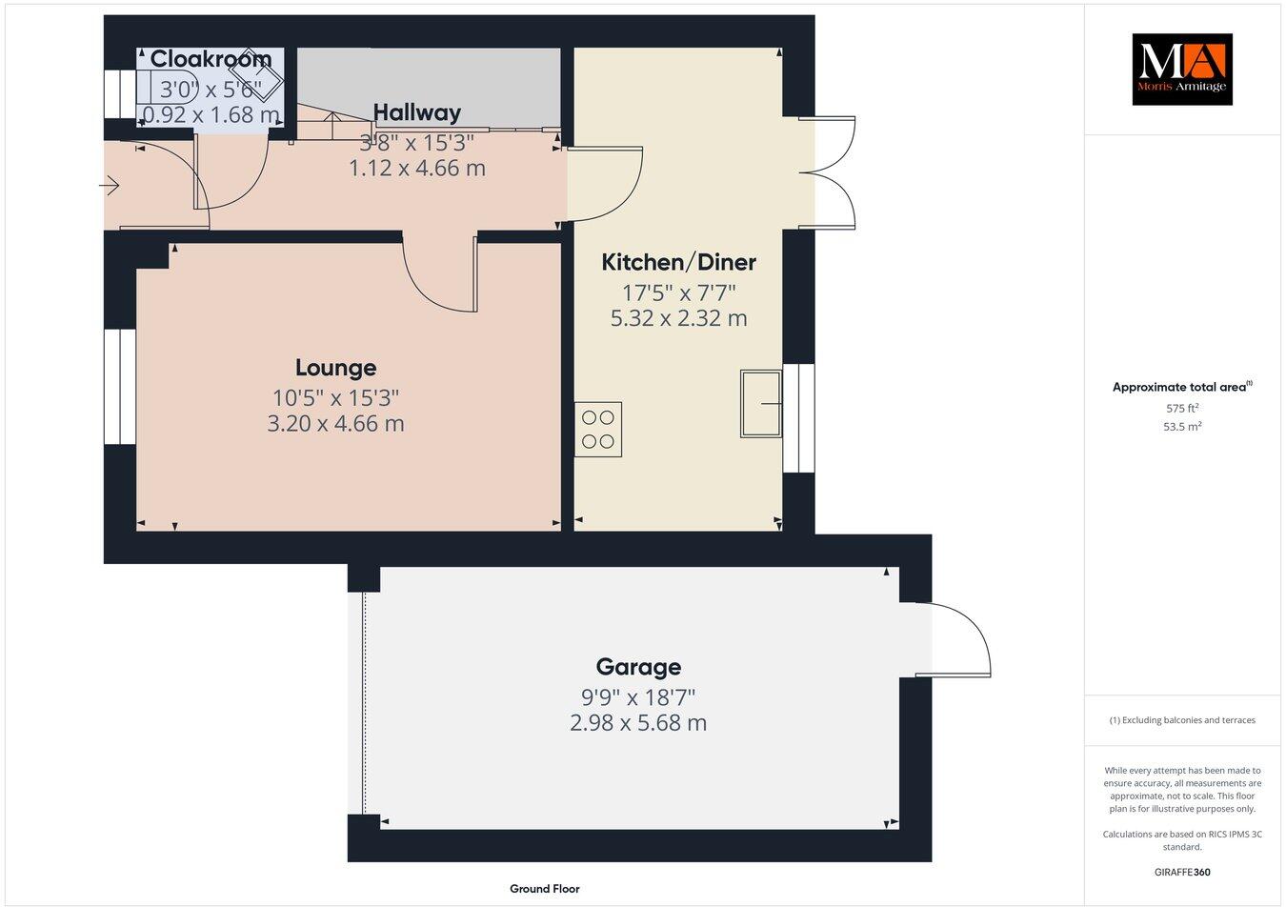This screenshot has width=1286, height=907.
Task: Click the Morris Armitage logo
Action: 1181,70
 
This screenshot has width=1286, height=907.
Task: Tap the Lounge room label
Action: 335,368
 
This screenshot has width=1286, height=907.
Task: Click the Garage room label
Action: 638,667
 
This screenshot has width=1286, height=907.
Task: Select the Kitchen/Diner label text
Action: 678,262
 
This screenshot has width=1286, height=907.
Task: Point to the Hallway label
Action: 416,112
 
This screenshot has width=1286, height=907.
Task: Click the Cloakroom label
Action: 211,59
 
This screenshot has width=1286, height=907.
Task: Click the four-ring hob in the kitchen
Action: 598,430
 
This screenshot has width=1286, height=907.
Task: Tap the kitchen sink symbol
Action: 761,404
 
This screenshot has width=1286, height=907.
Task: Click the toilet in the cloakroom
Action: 166,85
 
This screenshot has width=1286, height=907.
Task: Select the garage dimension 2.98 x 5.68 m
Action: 638,723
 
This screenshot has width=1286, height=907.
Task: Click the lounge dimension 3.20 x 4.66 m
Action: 335,423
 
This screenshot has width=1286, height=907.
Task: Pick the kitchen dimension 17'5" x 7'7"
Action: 678,292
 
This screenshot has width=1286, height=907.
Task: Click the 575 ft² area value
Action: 1182,408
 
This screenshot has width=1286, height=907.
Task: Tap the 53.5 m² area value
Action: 1182,427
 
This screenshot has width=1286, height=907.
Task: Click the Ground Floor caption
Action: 544,889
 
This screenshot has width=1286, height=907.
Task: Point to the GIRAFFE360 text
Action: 1182,872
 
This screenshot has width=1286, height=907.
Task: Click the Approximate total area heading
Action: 1181,387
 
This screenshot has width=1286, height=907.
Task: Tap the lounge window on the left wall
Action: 120,387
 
